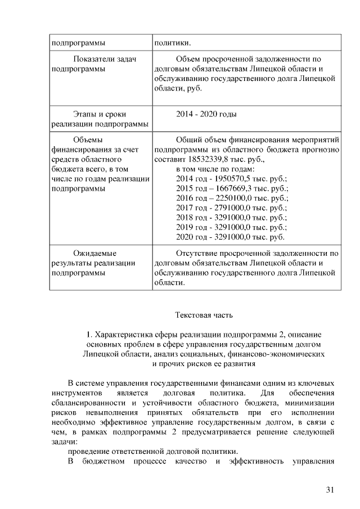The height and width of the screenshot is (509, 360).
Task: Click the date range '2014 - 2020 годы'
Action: coord(206,114)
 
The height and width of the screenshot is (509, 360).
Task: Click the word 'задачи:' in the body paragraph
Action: coord(64,442)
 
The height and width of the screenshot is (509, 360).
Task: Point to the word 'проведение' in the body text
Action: coord(89,452)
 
